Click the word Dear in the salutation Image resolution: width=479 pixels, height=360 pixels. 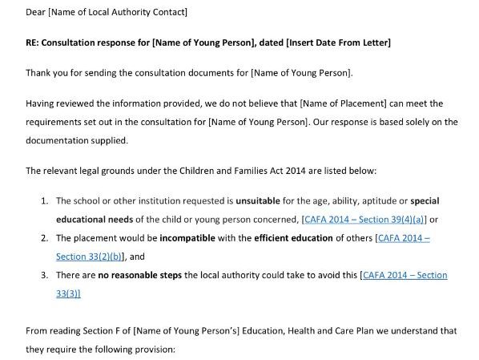pos(36,11)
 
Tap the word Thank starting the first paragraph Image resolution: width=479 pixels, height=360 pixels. pos(39,72)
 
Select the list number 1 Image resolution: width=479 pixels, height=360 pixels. pos(46,200)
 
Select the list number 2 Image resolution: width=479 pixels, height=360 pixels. pos(46,238)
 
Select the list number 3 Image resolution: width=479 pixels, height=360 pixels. pos(46,275)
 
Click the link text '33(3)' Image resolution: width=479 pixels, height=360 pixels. pos(68,293)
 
